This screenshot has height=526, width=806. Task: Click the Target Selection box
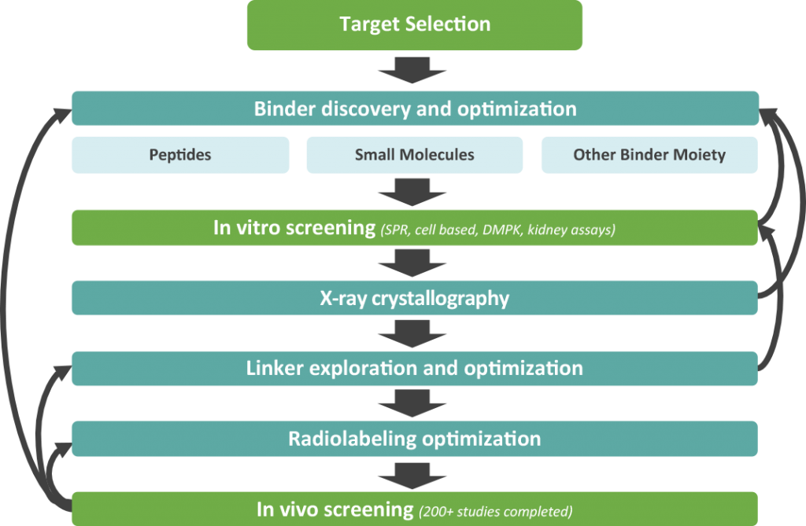[x=415, y=24]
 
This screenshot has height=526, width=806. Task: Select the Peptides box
[x=180, y=155]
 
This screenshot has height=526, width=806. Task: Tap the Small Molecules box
[x=414, y=155]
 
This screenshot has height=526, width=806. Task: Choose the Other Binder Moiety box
[x=649, y=155]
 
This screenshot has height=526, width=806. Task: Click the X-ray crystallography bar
[x=415, y=299]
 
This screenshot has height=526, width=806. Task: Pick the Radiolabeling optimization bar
[x=415, y=439]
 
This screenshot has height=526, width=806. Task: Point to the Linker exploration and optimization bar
[x=415, y=369]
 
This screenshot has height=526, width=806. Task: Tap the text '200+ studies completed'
[x=495, y=511]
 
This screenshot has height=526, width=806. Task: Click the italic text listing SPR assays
[x=498, y=230]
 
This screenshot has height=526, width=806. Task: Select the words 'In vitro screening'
[x=294, y=228]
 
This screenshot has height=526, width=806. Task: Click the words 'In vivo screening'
[x=335, y=509]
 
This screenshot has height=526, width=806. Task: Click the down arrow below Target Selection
[x=415, y=70]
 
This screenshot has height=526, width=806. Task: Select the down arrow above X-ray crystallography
[x=415, y=263]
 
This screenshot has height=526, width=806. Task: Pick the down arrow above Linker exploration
[x=415, y=333]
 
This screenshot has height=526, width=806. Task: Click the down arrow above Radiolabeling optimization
[x=415, y=403]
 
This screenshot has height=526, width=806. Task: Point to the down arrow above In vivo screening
[x=415, y=474]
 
